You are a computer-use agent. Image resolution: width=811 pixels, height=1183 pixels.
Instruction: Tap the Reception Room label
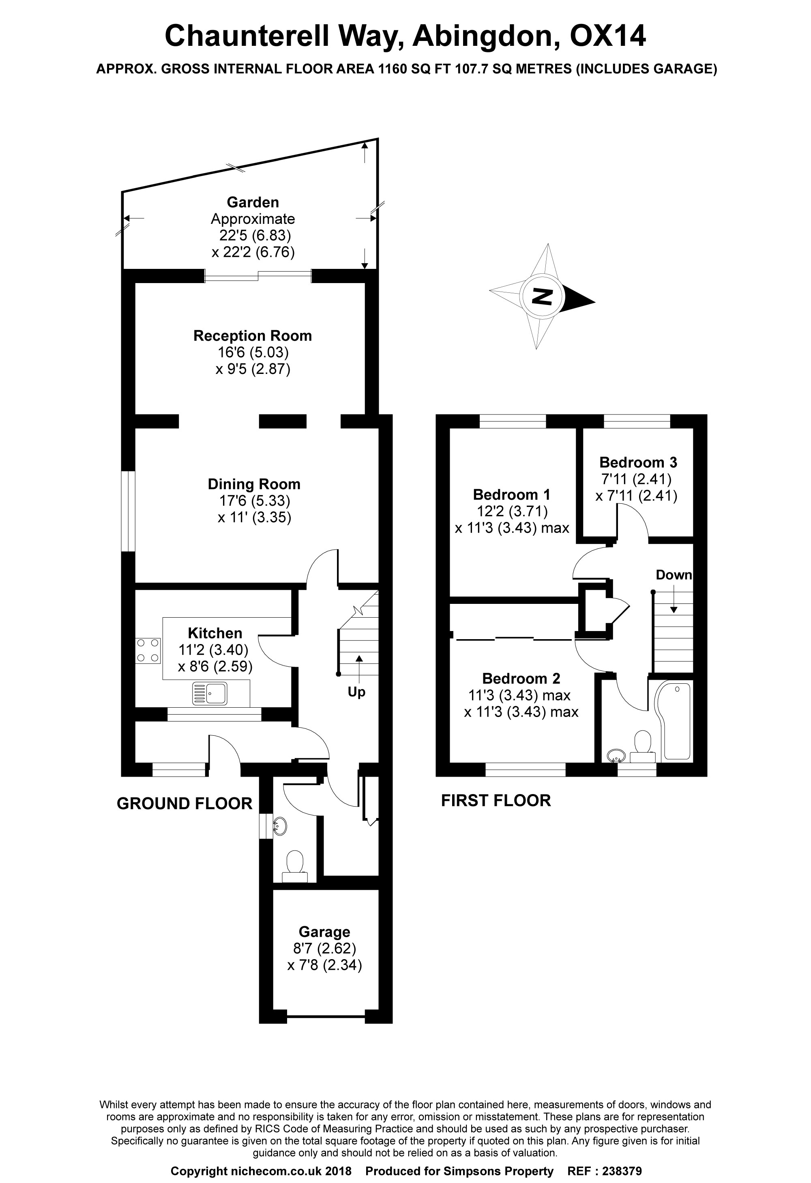click(x=253, y=336)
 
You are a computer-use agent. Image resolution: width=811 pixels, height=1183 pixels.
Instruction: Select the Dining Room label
click(x=253, y=484)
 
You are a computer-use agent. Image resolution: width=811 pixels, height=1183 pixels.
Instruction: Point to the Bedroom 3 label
click(x=638, y=462)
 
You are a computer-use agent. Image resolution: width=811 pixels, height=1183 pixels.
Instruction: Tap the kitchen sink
click(x=210, y=694)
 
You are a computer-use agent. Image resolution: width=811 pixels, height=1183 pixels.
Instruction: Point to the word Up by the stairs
click(x=356, y=692)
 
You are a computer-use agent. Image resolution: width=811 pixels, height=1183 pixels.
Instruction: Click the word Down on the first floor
click(x=674, y=575)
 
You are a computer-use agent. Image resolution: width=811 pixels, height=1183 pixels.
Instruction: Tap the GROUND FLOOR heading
click(x=184, y=804)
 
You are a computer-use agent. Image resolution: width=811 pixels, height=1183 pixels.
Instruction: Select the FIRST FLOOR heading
click(x=496, y=801)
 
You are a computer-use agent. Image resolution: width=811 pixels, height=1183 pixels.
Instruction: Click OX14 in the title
click(x=608, y=36)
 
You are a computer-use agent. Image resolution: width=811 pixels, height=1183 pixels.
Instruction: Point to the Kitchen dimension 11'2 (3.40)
click(x=213, y=650)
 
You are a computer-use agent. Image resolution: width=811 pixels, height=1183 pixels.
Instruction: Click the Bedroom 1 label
click(x=512, y=494)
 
